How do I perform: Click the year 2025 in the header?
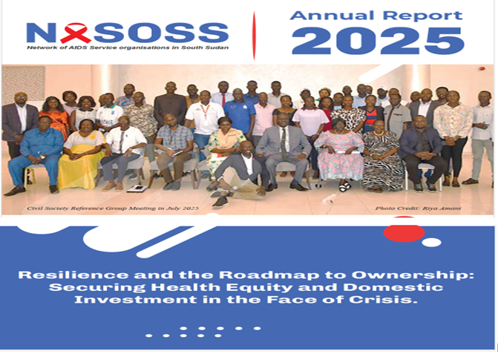(377, 40)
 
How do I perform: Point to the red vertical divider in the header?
(255, 33)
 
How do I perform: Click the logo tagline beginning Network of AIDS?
(126, 48)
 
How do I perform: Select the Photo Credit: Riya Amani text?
(428, 209)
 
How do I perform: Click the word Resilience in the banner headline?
(69, 275)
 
